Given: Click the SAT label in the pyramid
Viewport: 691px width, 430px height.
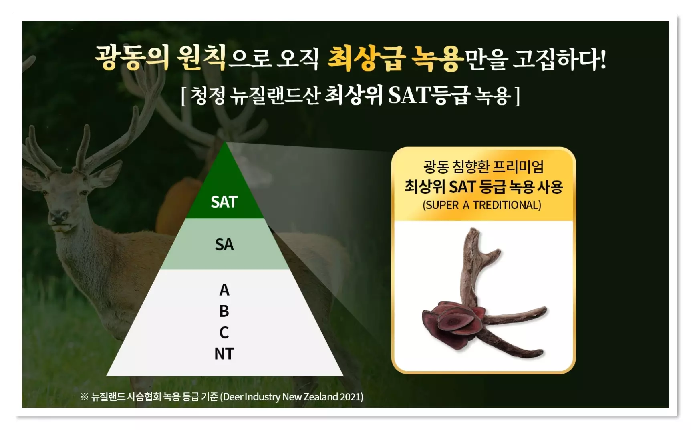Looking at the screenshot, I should pyautogui.click(x=224, y=202).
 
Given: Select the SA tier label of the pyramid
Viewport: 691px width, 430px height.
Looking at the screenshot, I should pyautogui.click(x=224, y=244).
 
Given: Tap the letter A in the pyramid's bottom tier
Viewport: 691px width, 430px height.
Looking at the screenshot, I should pyautogui.click(x=224, y=290).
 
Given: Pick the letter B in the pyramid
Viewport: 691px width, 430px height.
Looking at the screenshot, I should pyautogui.click(x=224, y=311).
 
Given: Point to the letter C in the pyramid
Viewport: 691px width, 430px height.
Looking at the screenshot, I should pyautogui.click(x=224, y=332).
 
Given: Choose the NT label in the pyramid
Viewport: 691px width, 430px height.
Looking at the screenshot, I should pyautogui.click(x=224, y=354).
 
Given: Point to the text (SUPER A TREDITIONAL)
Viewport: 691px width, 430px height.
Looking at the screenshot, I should pyautogui.click(x=482, y=205).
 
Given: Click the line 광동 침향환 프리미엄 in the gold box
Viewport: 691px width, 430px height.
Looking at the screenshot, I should pyautogui.click(x=483, y=166).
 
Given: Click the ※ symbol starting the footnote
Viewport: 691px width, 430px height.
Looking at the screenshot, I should pyautogui.click(x=84, y=397).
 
